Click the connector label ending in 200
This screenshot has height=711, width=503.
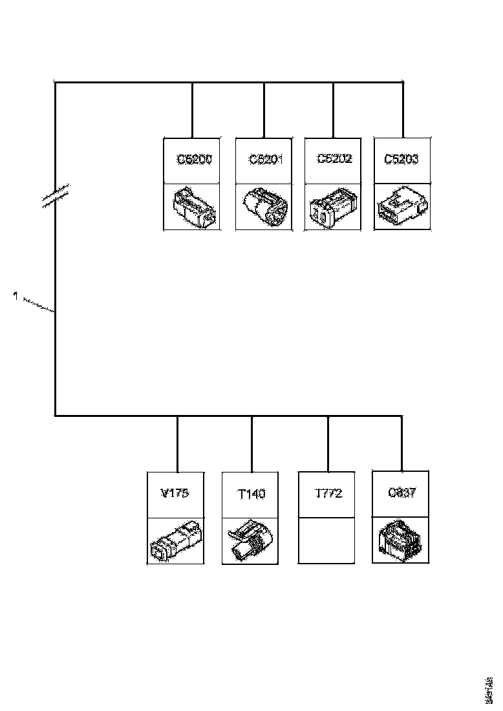coord(194,160)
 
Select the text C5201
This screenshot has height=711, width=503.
coord(266,160)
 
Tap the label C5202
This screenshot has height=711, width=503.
coord(335,159)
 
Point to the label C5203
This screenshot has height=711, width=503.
coord(401,159)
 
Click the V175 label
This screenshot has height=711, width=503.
coord(175,494)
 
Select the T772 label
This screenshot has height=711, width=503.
coord(328,494)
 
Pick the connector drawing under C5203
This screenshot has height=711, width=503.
coord(401,207)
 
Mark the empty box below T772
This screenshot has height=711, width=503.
coord(327,540)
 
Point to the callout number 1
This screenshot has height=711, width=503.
coord(14,295)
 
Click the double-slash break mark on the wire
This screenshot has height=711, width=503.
coord(56,196)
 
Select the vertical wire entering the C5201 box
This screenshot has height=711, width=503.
coord(264,110)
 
